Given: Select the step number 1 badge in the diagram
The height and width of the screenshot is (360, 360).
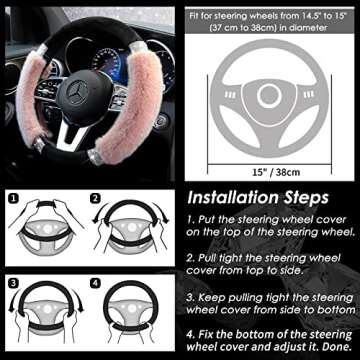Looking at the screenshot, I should (12, 197).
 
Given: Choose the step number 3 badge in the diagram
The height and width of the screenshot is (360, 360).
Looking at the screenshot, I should (12, 281).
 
